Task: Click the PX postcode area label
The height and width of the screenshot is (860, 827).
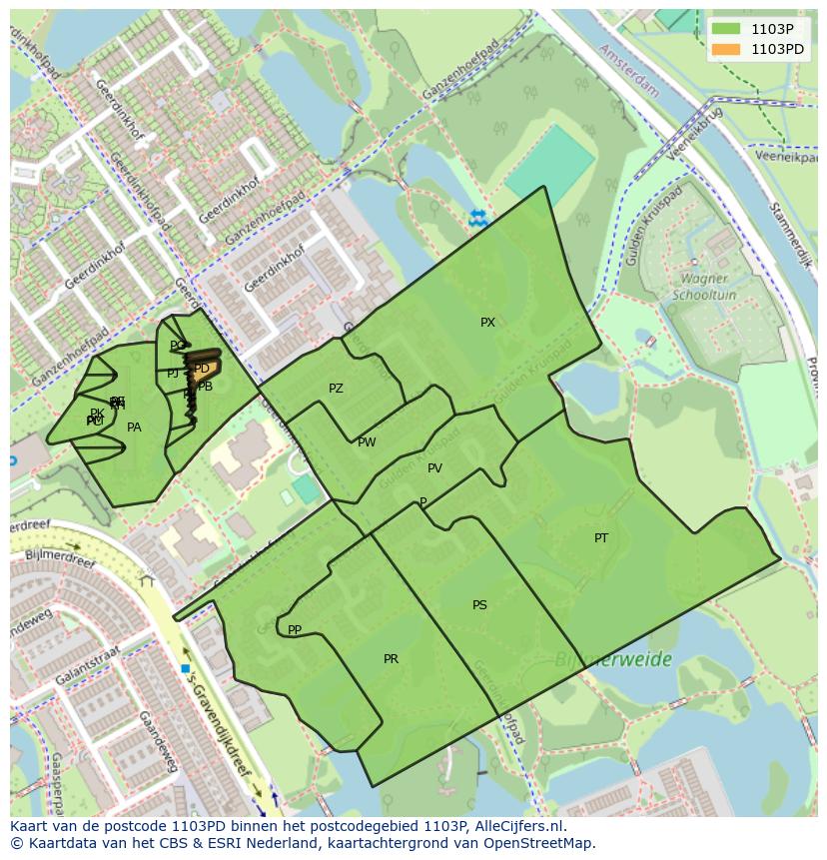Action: click(487, 323)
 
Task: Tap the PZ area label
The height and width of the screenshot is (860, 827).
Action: click(336, 389)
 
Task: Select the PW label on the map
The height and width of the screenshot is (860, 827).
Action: click(367, 442)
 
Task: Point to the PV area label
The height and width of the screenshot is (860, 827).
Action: click(434, 468)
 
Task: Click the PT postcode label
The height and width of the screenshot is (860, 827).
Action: click(601, 538)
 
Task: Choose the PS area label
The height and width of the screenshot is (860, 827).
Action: click(479, 605)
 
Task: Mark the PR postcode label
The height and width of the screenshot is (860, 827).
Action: click(391, 659)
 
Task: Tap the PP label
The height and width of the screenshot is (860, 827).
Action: click(295, 630)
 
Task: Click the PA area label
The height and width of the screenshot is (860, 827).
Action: click(134, 428)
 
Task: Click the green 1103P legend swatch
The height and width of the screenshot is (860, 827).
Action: click(726, 29)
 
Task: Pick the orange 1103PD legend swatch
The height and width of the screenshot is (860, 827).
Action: click(726, 49)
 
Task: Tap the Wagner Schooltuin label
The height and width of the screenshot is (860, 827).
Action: click(705, 288)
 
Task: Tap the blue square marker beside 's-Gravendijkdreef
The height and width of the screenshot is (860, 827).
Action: click(186, 668)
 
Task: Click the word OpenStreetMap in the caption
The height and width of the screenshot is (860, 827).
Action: click(540, 843)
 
